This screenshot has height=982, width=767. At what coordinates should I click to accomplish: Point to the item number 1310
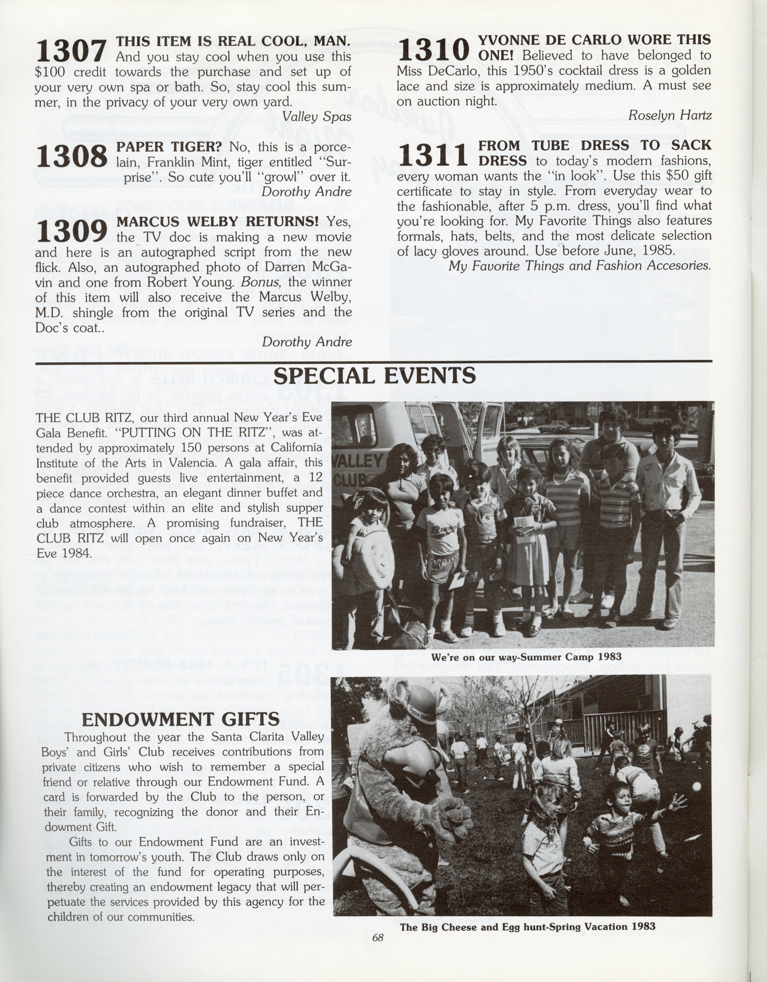point(433,49)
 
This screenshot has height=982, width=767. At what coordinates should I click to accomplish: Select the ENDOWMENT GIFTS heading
point(181,719)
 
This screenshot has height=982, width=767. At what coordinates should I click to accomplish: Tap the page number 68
point(378,937)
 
